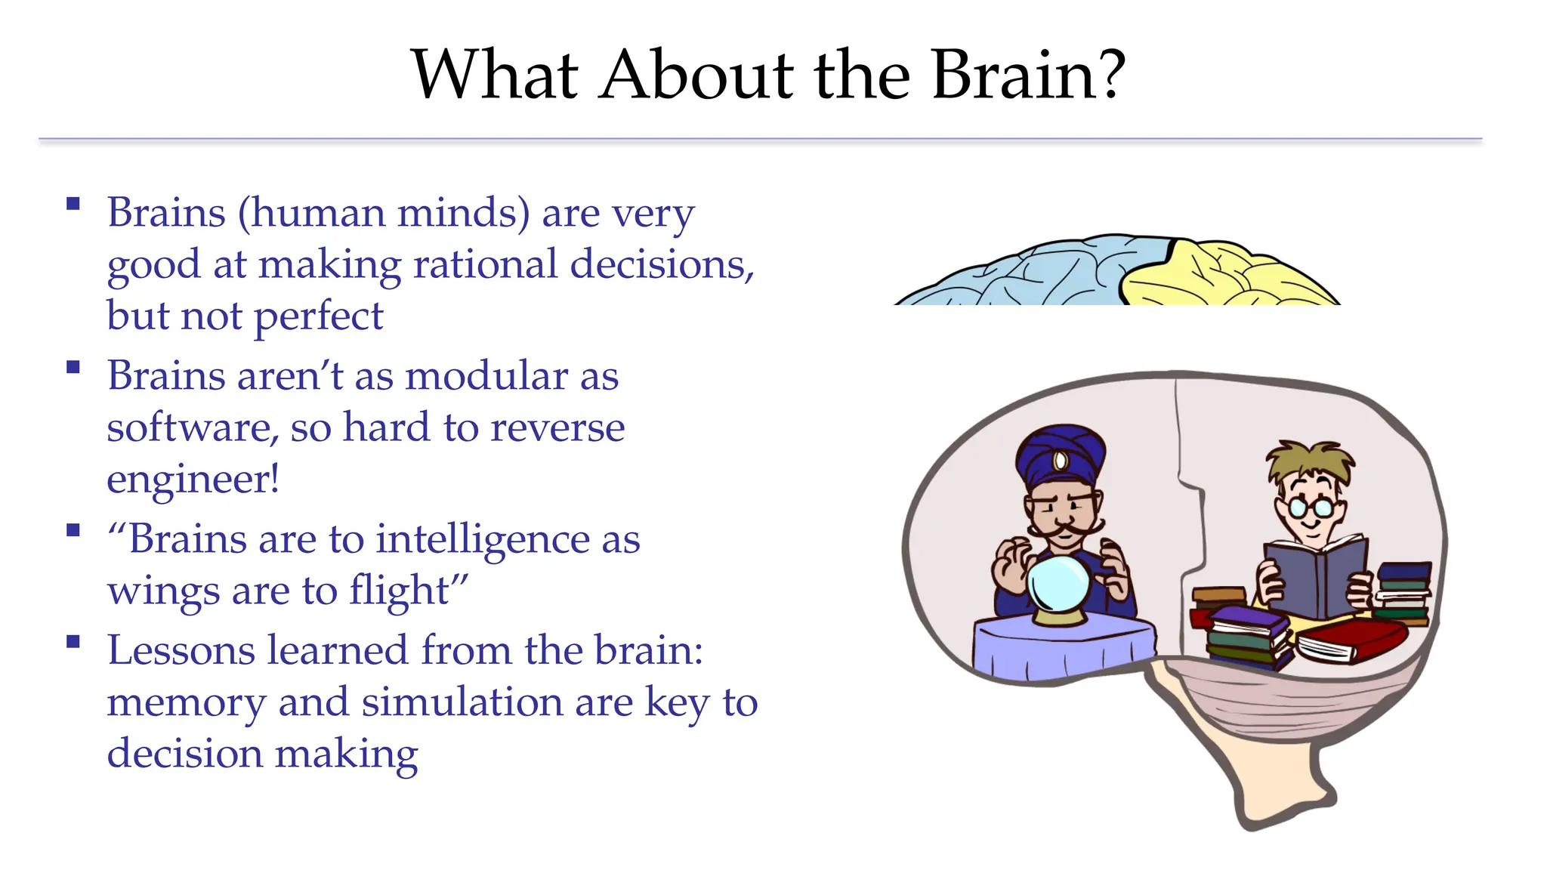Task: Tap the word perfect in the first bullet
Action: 319,316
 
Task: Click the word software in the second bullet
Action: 187,427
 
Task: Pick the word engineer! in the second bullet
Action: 193,480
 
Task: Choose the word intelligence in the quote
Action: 483,539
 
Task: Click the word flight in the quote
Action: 400,591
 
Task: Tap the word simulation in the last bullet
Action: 462,702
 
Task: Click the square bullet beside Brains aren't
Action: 73,368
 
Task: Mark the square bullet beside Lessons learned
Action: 73,643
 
